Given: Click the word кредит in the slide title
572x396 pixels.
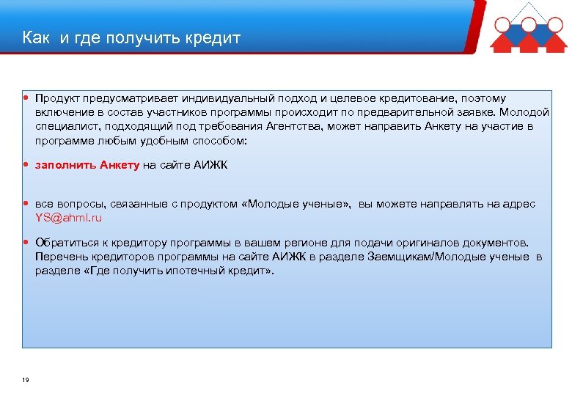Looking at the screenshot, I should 213,37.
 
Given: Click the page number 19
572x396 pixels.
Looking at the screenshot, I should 26,380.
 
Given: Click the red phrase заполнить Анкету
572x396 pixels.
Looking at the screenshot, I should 87,165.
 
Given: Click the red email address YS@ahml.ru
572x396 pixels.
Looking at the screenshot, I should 69,218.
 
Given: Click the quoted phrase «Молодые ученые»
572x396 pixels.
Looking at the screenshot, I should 296,204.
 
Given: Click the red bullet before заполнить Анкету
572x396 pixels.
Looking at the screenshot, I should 26,164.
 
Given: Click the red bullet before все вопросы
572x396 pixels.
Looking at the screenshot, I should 26,203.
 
